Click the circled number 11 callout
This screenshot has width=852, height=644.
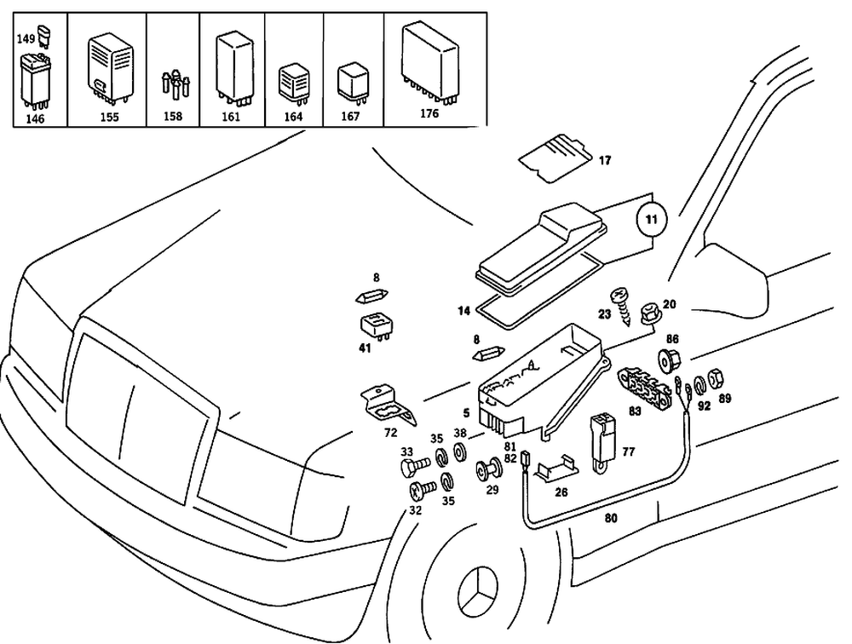click(x=651, y=220)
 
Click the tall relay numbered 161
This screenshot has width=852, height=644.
click(x=234, y=60)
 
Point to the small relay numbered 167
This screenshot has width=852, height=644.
click(x=352, y=81)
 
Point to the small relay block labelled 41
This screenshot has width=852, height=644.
click(x=374, y=325)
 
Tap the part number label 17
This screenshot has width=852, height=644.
click(x=604, y=160)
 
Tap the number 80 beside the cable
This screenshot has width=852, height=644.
click(x=611, y=516)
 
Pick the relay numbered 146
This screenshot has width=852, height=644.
click(x=34, y=78)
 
